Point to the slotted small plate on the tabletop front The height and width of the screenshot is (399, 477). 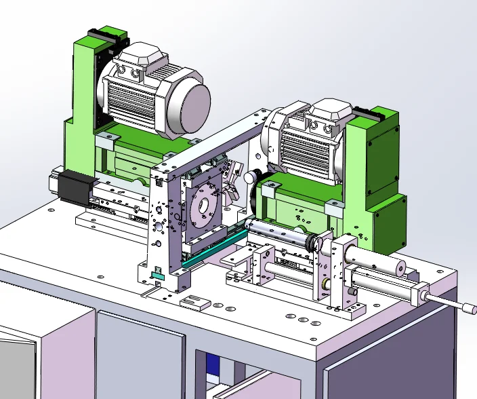(x=193, y=303)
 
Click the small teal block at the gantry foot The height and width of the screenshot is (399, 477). (x=159, y=276)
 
